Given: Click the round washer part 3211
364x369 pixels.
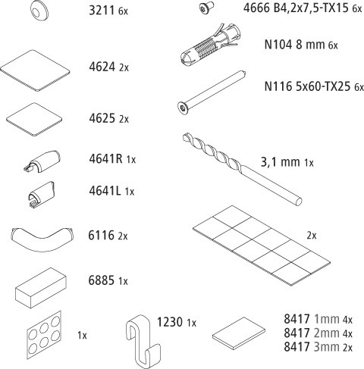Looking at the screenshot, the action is pos(39,10).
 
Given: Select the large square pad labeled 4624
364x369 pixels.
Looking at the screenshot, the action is pos(35,70).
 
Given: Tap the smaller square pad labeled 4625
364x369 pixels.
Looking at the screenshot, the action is pos(34,120).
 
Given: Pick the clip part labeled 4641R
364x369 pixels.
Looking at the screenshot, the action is pos(42,161).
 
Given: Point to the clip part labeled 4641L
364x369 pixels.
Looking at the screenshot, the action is pos(42,194).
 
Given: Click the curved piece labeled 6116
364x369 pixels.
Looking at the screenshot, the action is pos(42,239).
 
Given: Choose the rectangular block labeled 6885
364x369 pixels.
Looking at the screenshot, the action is pos(41,288).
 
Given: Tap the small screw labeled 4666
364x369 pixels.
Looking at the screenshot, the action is pos(206,8).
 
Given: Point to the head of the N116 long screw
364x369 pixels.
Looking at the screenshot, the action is pos(184,108).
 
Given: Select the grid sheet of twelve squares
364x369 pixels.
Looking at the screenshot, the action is pos(262,245).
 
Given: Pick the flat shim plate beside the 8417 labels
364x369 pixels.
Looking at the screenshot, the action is pos(239,333).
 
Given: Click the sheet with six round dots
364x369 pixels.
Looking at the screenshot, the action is pos(45,335).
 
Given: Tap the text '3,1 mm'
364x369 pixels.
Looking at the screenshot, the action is pos(281,161).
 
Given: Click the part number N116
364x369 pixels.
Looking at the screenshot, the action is pos(278,86).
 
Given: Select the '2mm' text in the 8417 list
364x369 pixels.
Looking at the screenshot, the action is pos(327,333).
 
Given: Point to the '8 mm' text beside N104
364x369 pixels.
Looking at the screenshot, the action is pos(310,45).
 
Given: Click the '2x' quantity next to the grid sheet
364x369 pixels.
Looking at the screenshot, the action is pos(312,236).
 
